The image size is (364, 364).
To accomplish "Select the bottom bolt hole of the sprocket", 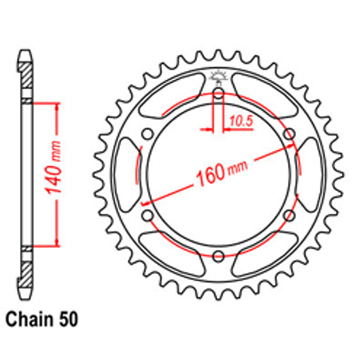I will (218, 256).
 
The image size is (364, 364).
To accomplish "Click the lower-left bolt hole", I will (148, 215).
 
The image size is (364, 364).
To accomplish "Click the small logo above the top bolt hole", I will (218, 76).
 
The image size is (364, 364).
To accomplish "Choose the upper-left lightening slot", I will (171, 95).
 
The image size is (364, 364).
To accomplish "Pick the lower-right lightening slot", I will (266, 255).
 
